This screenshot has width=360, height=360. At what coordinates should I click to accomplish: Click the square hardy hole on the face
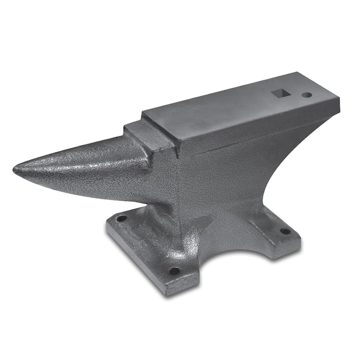point(280,93)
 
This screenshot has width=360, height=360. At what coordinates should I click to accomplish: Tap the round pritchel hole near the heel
point(307,95)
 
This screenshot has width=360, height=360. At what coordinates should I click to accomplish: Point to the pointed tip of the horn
point(16,170)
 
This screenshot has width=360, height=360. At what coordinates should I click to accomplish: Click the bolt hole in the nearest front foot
point(174,271)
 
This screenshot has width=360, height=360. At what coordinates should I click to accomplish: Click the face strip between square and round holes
point(294,94)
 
